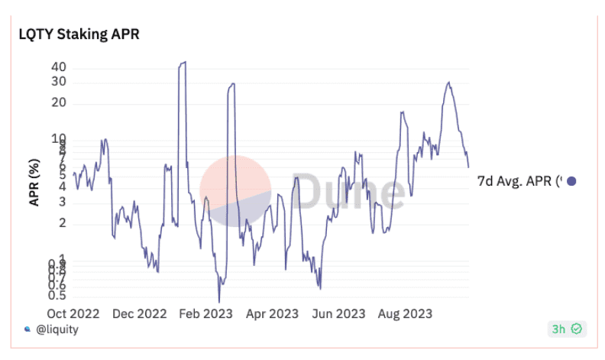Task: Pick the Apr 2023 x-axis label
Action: [271, 313]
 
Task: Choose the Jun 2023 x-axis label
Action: [338, 313]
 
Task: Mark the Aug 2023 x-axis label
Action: [404, 313]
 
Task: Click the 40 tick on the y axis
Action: [60, 66]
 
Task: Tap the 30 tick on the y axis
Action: [60, 82]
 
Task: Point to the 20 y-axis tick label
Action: [60, 103]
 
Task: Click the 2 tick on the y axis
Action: [63, 223]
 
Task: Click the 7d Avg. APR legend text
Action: [519, 182]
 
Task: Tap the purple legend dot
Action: [571, 182]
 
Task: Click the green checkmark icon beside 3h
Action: [577, 329]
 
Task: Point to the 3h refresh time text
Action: [560, 329]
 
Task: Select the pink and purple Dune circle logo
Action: [235, 191]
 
